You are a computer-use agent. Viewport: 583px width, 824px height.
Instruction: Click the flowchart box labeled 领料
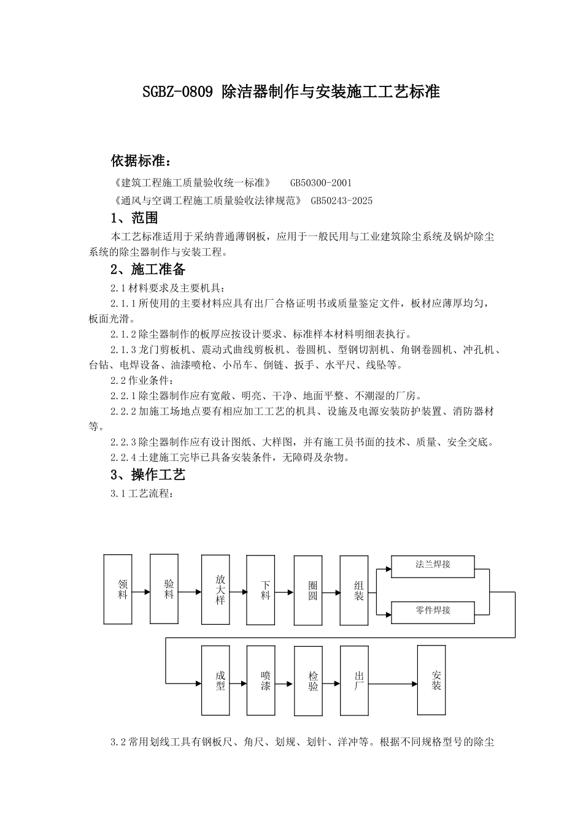pos(118,589)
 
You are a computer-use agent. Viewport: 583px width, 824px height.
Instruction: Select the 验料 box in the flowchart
pos(164,589)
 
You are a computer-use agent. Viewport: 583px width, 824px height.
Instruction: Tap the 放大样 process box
pos(216,589)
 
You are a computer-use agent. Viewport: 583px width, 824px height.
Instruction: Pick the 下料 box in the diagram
pos(261,589)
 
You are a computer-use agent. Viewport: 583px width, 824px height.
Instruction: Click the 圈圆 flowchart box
pos(308,590)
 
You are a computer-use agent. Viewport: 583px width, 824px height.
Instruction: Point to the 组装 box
pos(354,590)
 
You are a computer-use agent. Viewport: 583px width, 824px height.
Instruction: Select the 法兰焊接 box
pos(433,566)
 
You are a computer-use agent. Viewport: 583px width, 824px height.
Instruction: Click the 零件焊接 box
pos(433,611)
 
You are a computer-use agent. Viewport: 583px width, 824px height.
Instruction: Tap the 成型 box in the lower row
pos(216,680)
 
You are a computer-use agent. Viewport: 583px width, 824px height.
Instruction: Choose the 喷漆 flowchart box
pos(261,680)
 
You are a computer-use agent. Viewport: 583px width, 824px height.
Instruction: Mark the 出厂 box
pos(354,680)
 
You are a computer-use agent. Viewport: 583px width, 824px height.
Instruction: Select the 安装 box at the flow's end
pos(432,680)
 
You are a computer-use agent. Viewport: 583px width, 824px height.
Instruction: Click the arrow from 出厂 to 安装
pos(393,684)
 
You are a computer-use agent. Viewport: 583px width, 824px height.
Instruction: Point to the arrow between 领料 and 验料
pos(141,592)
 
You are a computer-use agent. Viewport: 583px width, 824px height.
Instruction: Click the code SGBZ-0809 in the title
pos(177,93)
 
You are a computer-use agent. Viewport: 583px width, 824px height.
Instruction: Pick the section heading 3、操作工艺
pos(148,475)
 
